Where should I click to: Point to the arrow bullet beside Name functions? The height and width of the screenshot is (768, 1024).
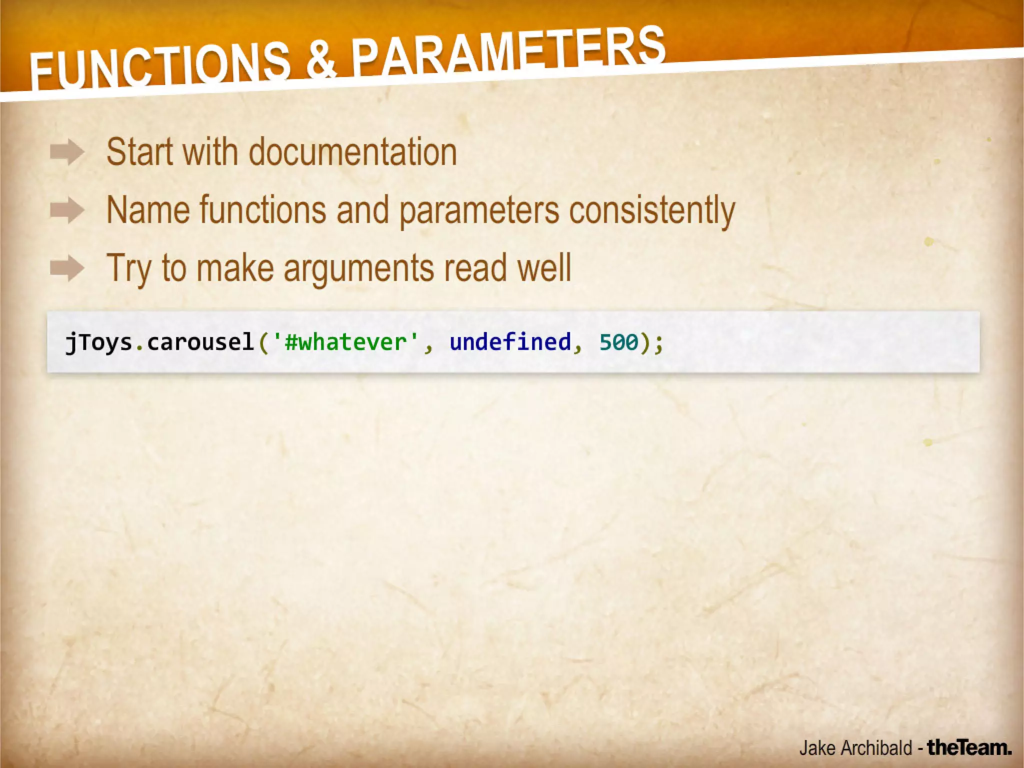(67, 210)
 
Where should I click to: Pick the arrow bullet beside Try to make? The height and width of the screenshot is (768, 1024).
(67, 268)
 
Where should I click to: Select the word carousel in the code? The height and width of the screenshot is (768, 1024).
(200, 342)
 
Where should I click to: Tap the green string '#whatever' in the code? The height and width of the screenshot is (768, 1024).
(345, 342)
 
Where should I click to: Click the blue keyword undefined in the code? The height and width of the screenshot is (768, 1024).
(510, 342)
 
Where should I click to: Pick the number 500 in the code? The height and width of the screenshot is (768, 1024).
(619, 342)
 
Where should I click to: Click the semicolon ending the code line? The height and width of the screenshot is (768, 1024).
(659, 343)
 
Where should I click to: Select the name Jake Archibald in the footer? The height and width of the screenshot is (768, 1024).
(855, 748)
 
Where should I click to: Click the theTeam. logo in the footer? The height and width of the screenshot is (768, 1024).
(969, 747)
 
